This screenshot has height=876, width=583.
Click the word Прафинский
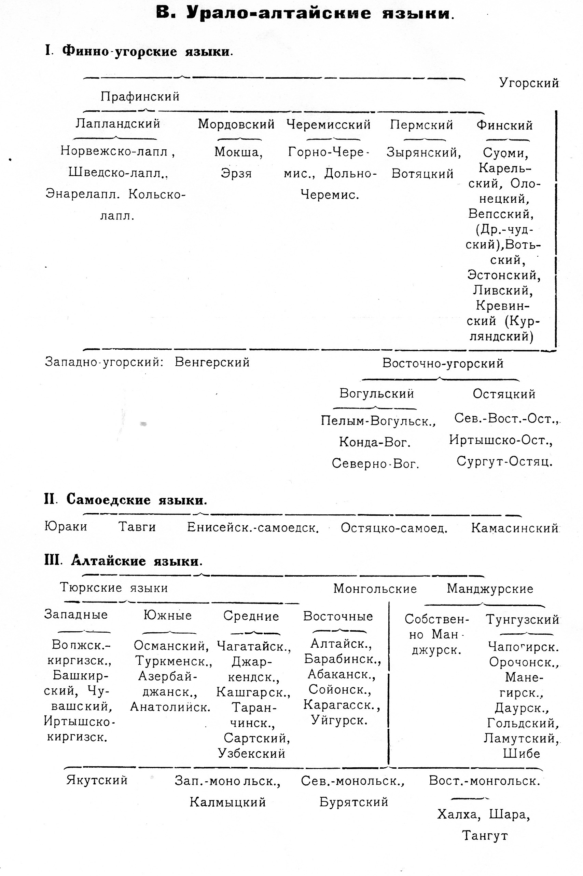click(x=140, y=97)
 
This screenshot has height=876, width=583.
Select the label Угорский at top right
click(x=529, y=83)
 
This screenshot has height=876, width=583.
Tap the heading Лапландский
click(x=118, y=123)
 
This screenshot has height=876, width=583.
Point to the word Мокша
click(x=238, y=152)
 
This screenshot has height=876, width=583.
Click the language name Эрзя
click(x=236, y=173)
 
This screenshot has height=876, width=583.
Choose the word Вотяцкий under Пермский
click(x=422, y=174)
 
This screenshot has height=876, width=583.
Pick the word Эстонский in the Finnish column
click(x=503, y=275)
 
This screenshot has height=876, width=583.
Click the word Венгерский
click(x=212, y=362)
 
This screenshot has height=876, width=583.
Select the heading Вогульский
click(x=377, y=393)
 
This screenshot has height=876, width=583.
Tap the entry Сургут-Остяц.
click(x=504, y=462)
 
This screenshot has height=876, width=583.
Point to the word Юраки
click(x=66, y=526)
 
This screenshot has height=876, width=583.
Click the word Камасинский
click(x=515, y=528)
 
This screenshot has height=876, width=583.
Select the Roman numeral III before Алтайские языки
click(x=51, y=560)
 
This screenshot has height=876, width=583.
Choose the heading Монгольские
click(x=375, y=589)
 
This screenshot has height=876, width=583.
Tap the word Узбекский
click(x=252, y=753)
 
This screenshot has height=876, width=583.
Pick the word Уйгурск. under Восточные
click(x=339, y=720)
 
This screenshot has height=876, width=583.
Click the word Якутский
click(x=97, y=780)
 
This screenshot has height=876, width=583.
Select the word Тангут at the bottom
click(x=485, y=836)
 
